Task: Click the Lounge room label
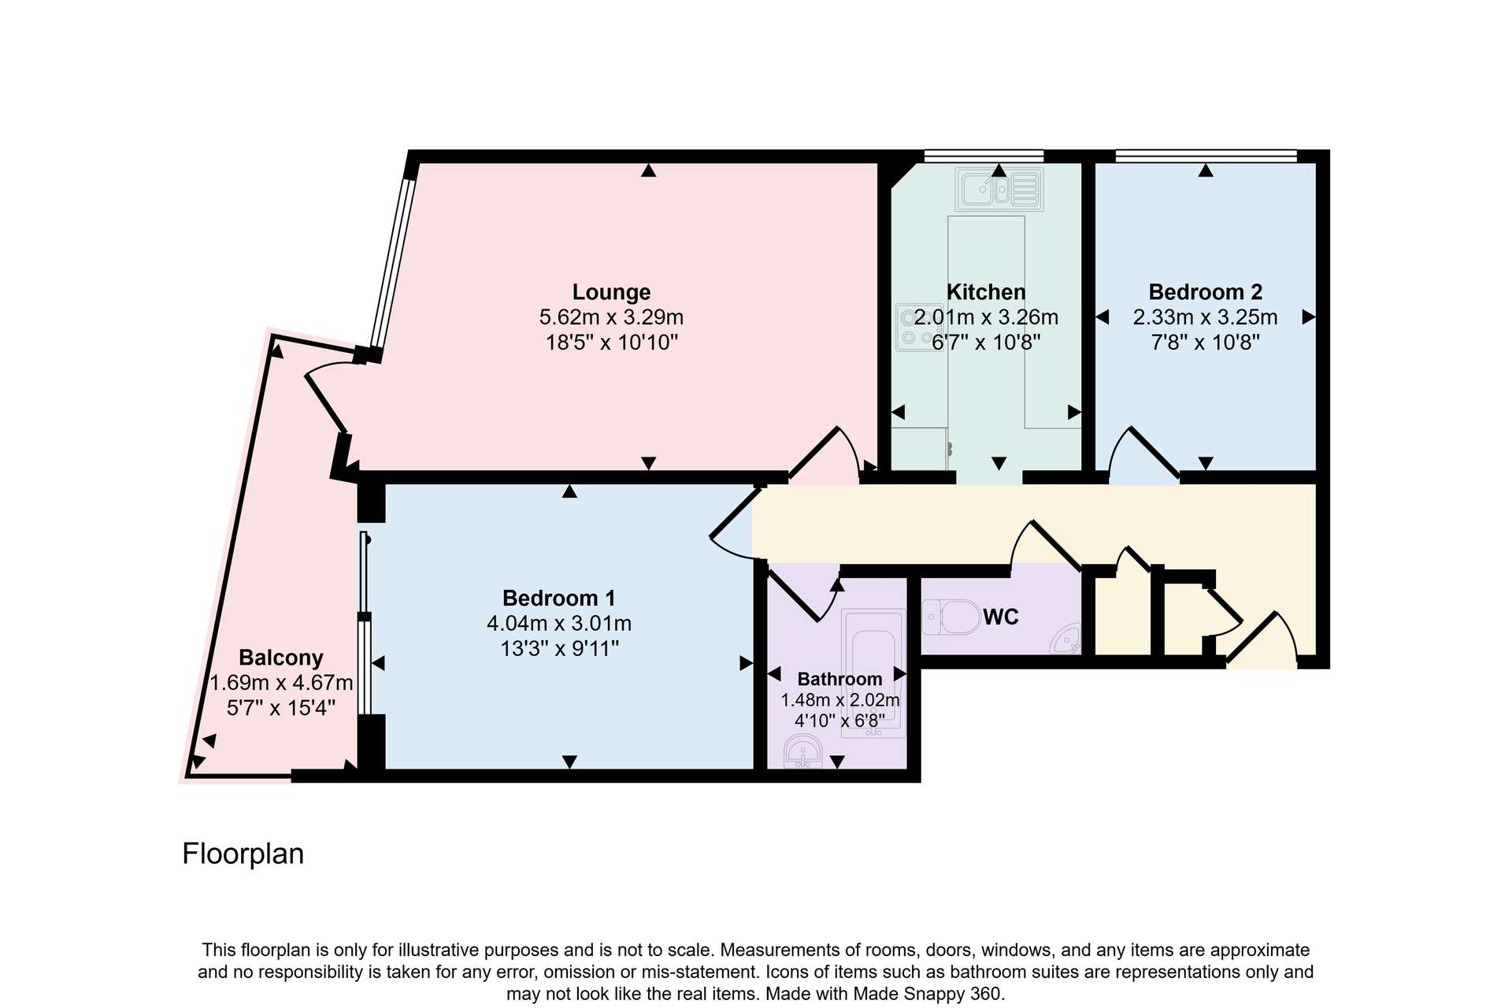pyautogui.click(x=611, y=292)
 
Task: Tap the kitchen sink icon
pyautogui.click(x=999, y=190)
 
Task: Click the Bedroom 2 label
pyautogui.click(x=1205, y=292)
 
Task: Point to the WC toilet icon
pyautogui.click(x=951, y=617)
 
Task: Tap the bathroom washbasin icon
pyautogui.click(x=803, y=750)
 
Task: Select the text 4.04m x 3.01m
pyautogui.click(x=559, y=624)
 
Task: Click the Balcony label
pyautogui.click(x=281, y=658)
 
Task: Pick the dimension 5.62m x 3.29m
pyautogui.click(x=611, y=317)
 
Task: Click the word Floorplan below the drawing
pyautogui.click(x=243, y=854)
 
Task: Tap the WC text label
pyautogui.click(x=1001, y=617)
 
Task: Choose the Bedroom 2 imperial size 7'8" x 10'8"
pyautogui.click(x=1205, y=343)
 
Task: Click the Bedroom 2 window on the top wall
pyautogui.click(x=1206, y=155)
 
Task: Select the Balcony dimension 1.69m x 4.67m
pyautogui.click(x=281, y=683)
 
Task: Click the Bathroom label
pyautogui.click(x=839, y=679)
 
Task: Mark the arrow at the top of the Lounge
pyautogui.click(x=648, y=170)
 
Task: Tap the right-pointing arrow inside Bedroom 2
pyautogui.click(x=1309, y=317)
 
